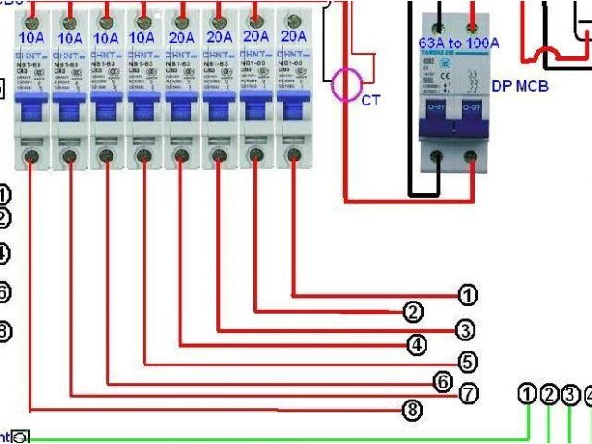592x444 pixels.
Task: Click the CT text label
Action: coord(370,100)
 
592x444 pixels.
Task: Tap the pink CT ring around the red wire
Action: coord(348,84)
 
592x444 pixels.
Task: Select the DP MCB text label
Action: coord(521,86)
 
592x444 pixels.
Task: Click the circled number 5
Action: coord(467,362)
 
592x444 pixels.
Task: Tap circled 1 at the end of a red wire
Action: coord(468,296)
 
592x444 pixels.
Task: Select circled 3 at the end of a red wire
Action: coord(465,328)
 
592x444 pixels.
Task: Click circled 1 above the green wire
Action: coord(527,395)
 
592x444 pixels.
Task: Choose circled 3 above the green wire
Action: coord(571,395)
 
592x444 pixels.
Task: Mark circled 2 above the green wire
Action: coord(549,395)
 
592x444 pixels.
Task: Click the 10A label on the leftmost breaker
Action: coord(32,38)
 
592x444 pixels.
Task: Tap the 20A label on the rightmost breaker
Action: coord(294,38)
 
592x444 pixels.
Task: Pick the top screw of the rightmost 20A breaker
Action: coord(294,16)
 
